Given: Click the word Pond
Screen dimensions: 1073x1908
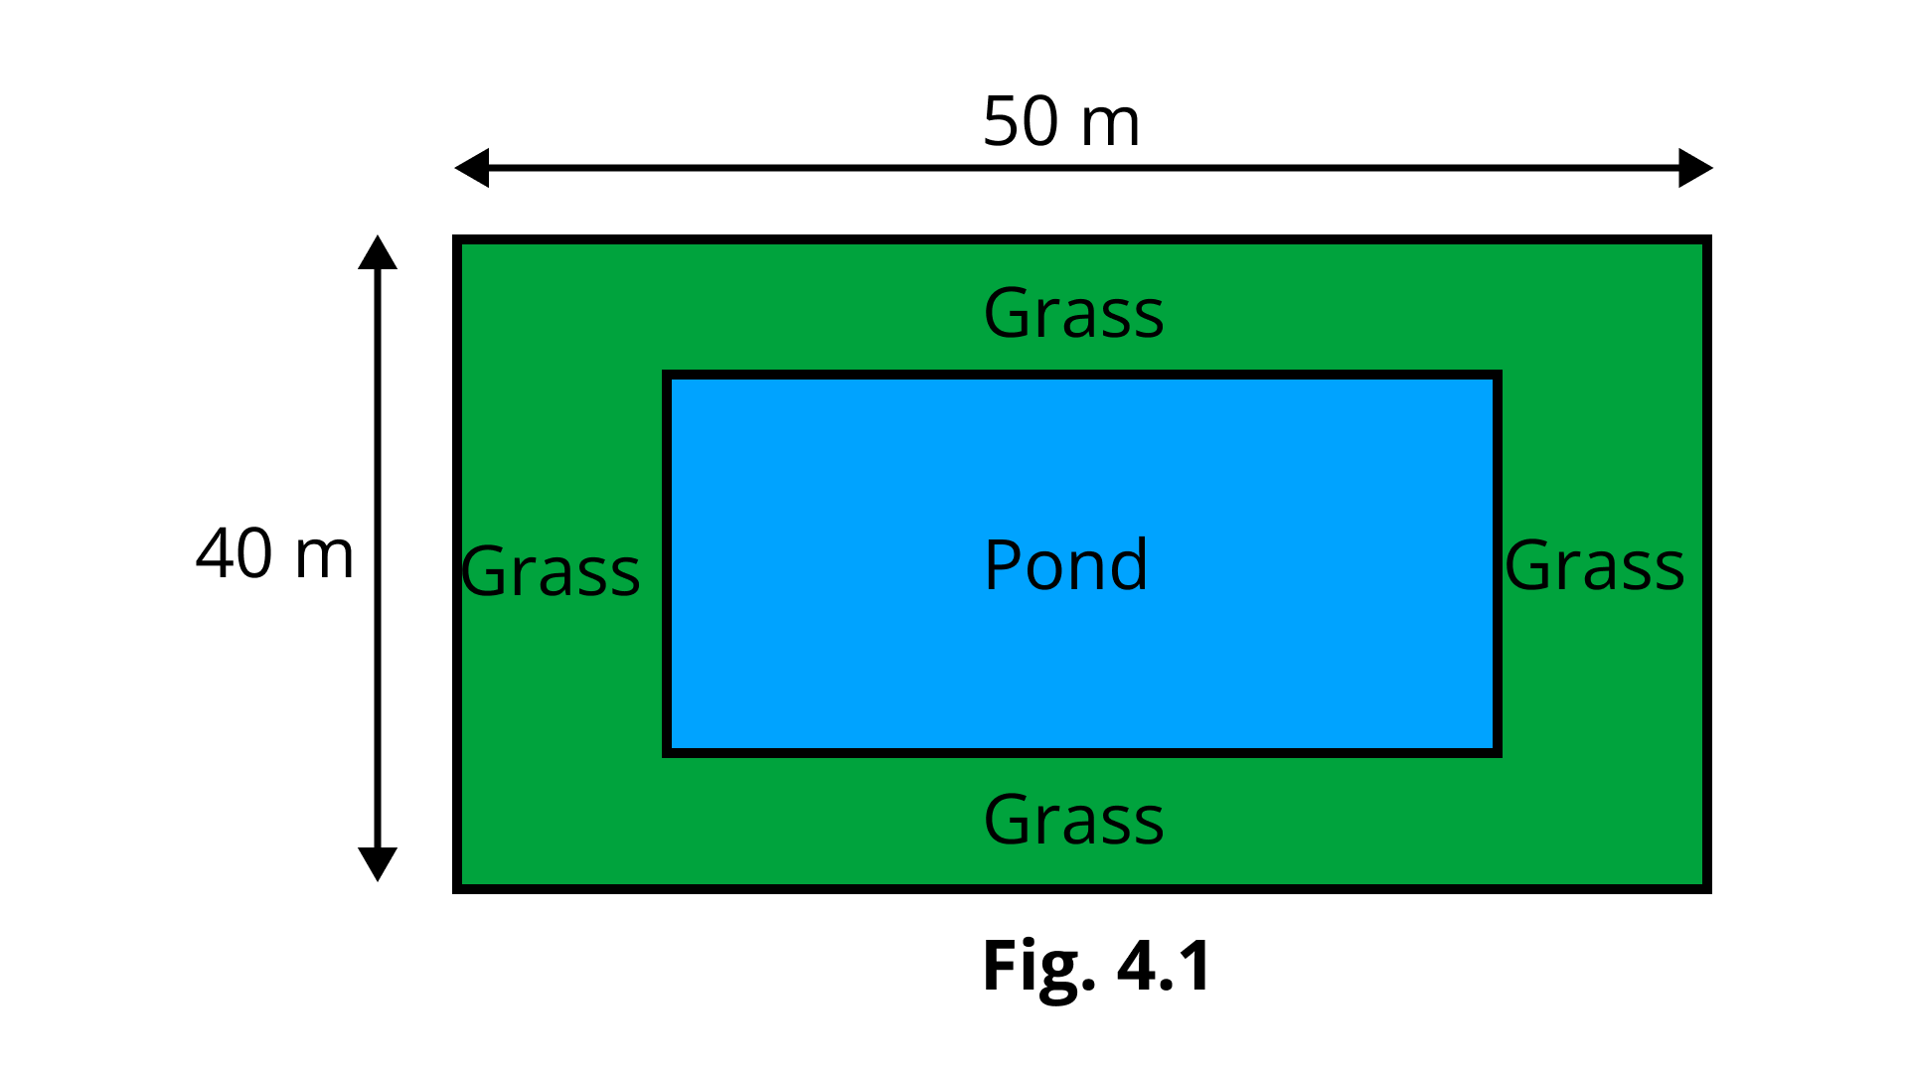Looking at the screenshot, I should coord(1065,565).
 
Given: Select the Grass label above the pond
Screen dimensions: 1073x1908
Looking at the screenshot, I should coord(1073,313).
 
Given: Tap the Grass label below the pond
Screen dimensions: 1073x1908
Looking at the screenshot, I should coord(1073,820).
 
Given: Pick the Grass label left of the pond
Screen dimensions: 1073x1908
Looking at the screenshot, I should coord(551,571).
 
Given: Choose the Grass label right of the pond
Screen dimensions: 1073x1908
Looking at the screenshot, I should coord(1594,565).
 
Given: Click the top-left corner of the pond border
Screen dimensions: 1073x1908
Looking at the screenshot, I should coord(667,375).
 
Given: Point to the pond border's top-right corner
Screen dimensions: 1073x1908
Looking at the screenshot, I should coord(1497,375).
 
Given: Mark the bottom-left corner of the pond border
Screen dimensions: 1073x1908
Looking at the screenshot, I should coord(667,752).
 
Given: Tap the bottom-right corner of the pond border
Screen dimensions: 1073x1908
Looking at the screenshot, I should coord(1497,752).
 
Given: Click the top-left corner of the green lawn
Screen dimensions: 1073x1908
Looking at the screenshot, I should coord(463,245).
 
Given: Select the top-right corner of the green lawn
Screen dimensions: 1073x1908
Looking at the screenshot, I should coord(1701,245).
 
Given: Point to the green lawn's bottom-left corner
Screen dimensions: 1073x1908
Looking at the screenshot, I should coord(463,882).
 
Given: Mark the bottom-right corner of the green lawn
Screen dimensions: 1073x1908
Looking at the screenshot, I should coord(1701,882).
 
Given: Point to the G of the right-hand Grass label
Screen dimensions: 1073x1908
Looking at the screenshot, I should coord(1527,566).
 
